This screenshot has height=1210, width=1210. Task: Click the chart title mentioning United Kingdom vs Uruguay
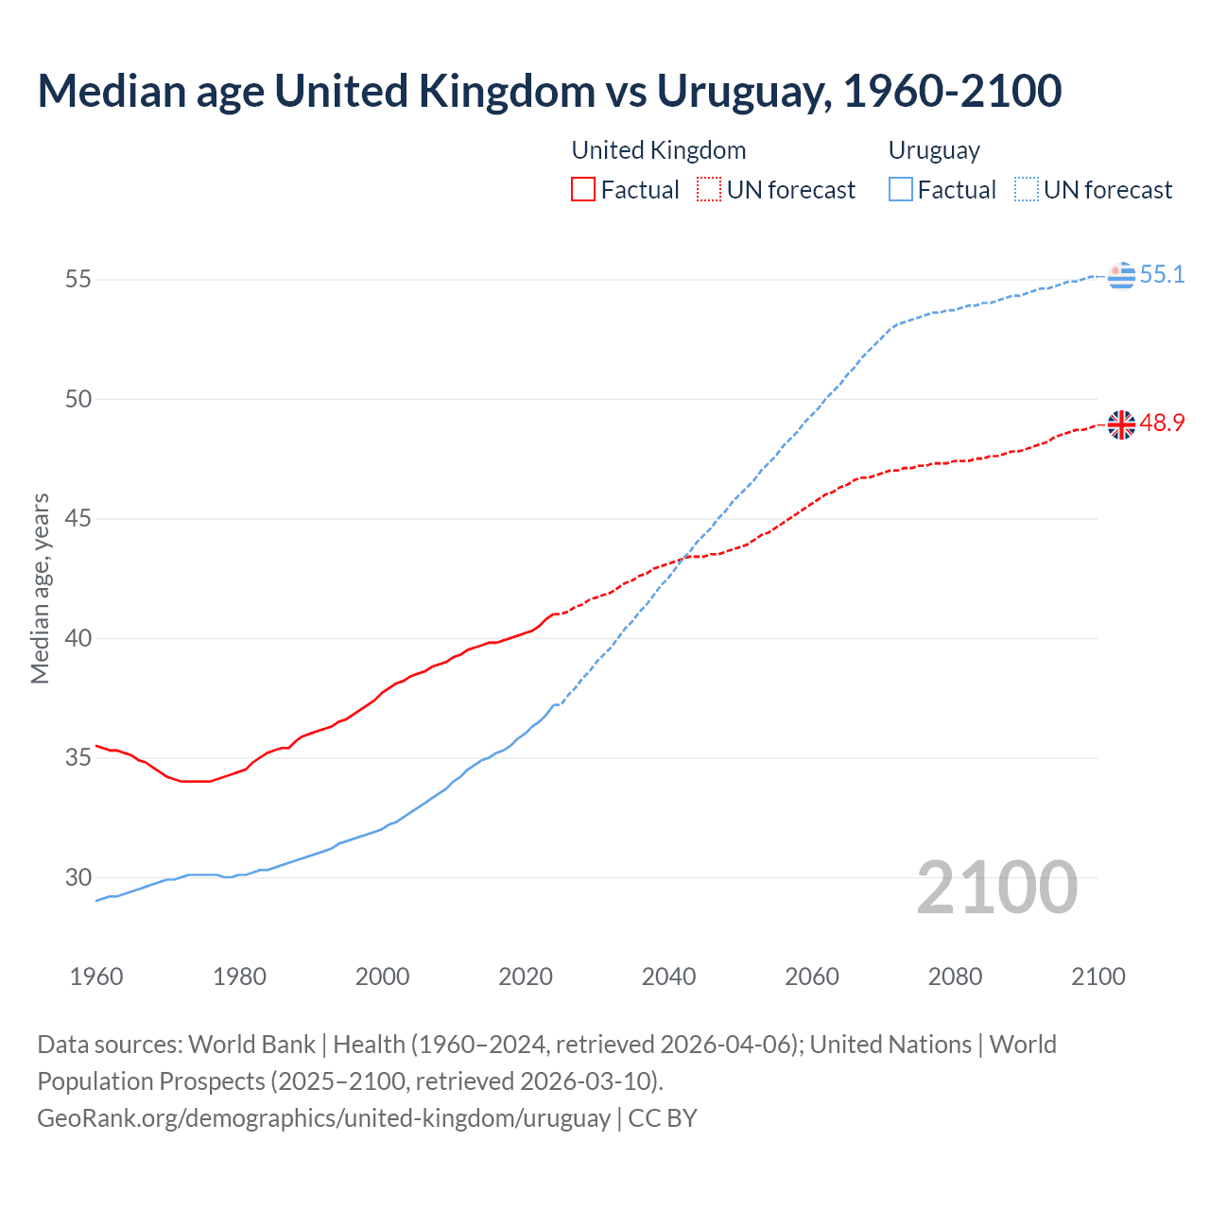[x=549, y=91]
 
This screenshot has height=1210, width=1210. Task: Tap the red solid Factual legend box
[x=583, y=190]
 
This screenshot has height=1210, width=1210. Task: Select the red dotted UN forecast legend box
[x=709, y=190]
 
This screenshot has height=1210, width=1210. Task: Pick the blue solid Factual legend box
[x=901, y=190]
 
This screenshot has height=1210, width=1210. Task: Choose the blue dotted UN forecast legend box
[x=1026, y=190]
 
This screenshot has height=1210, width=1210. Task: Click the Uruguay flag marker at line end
[x=1121, y=275]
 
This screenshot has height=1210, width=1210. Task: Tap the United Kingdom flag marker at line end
[x=1121, y=424]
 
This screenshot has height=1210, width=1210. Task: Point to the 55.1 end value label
[x=1162, y=274]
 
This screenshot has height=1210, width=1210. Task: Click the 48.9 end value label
[x=1162, y=423]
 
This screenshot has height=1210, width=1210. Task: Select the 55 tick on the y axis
[x=78, y=280]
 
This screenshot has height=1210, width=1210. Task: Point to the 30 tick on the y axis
[x=78, y=877]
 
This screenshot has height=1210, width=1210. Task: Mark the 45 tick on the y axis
[x=78, y=519]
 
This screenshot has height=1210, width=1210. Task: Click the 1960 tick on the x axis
[x=96, y=977]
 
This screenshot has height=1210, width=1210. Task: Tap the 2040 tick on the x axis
[x=668, y=977]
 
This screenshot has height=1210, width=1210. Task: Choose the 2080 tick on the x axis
[x=955, y=977]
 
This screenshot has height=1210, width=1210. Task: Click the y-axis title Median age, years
[x=40, y=588]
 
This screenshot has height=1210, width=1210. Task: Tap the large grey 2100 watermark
[x=996, y=887]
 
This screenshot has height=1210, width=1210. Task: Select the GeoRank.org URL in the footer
[x=323, y=1118]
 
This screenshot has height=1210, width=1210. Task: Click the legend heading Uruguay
[x=934, y=150]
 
